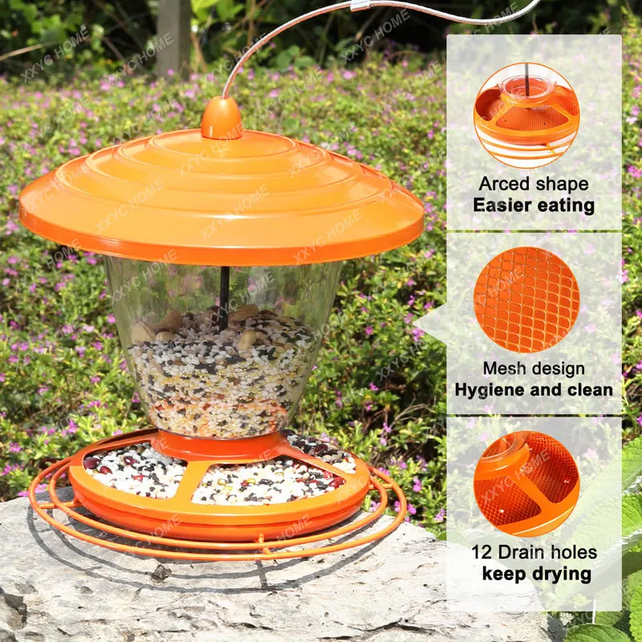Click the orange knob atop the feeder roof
[221, 119]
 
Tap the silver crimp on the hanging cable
[360, 6]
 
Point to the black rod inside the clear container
[224, 298]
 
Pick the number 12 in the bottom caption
[481, 552]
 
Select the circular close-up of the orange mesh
[526, 299]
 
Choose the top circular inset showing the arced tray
[526, 116]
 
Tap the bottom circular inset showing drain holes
[526, 484]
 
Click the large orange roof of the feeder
[221, 196]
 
